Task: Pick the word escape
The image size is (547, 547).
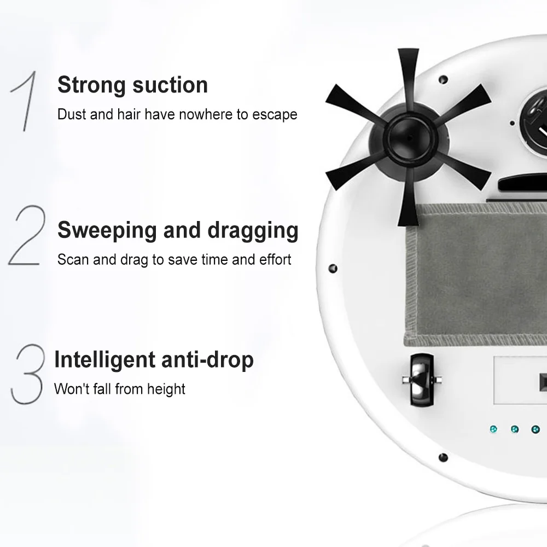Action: pyautogui.click(x=275, y=115)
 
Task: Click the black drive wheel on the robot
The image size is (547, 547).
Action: pyautogui.click(x=421, y=379)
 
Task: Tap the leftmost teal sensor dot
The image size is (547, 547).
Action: pyautogui.click(x=493, y=429)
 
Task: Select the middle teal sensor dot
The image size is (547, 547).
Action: pyautogui.click(x=515, y=429)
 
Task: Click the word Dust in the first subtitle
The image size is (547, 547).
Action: pyautogui.click(x=72, y=114)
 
